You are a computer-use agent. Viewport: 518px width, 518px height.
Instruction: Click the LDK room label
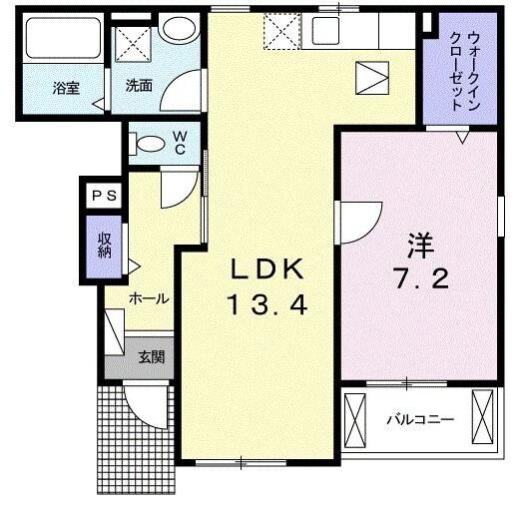click(x=266, y=269)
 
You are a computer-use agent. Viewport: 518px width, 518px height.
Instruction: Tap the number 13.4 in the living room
click(x=266, y=306)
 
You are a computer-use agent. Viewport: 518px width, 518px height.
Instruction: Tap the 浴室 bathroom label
click(x=66, y=88)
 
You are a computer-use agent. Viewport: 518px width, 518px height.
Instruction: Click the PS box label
click(x=104, y=197)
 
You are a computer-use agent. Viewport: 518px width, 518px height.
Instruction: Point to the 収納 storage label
click(x=104, y=245)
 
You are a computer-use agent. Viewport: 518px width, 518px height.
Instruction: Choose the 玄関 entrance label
click(x=151, y=356)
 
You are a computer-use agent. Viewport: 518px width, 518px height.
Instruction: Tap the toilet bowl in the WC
click(x=147, y=144)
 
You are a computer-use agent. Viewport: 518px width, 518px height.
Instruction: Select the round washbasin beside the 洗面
click(x=181, y=30)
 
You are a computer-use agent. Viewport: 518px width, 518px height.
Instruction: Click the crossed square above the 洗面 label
click(x=133, y=43)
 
